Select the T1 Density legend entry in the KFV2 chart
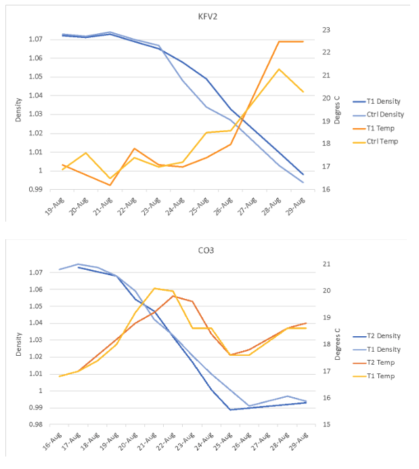pyautogui.click(x=379, y=102)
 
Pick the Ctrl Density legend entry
pyautogui.click(x=380, y=115)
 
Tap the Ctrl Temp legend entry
pyautogui.click(x=378, y=142)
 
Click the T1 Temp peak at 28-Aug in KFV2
pyautogui.click(x=278, y=41)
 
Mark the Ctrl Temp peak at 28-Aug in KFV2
pyautogui.click(x=278, y=69)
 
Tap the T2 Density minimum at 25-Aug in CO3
pyautogui.click(x=231, y=409)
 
